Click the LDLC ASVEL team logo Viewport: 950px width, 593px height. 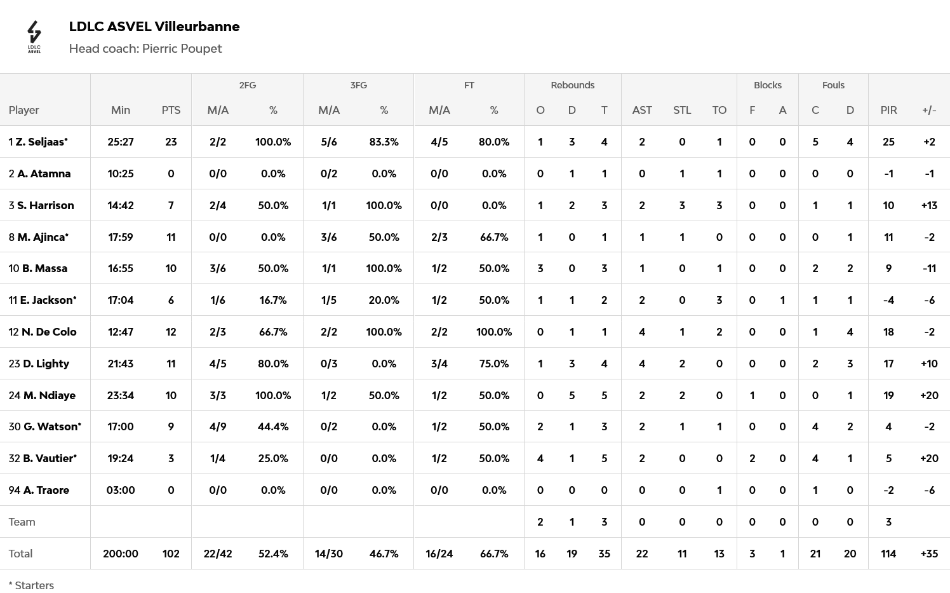click(34, 37)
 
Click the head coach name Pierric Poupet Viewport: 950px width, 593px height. click(182, 49)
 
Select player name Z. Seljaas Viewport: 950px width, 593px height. click(42, 142)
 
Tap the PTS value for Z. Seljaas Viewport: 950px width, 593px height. click(171, 142)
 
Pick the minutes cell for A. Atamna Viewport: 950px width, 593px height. click(121, 174)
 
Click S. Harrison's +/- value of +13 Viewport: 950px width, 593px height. click(929, 205)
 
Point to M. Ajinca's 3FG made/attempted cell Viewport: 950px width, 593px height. click(329, 237)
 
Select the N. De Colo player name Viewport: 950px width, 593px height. click(49, 332)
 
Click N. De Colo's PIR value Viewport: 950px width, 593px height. click(888, 332)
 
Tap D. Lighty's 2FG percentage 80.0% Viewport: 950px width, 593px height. click(273, 364)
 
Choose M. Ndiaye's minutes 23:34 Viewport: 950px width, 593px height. click(121, 395)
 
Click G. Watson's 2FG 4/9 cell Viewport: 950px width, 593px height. click(218, 426)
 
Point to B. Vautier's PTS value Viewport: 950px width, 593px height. click(171, 458)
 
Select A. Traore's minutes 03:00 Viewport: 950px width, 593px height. click(121, 490)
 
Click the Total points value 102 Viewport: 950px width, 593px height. click(171, 554)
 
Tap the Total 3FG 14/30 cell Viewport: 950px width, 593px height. click(329, 554)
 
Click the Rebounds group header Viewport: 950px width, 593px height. click(573, 85)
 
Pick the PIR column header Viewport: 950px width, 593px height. click(888, 110)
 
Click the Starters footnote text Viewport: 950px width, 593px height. click(31, 585)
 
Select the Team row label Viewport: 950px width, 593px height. click(22, 522)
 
